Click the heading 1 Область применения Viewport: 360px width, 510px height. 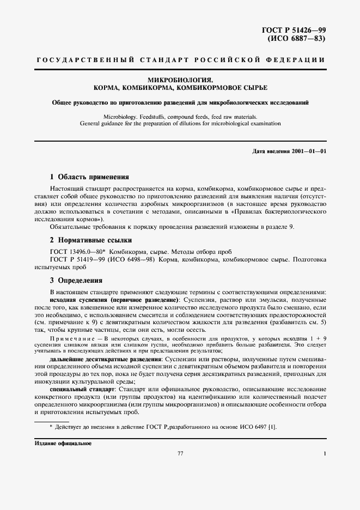pos(89,177)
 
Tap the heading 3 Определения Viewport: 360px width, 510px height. pos(76,281)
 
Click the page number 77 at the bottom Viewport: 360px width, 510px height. pos(180,453)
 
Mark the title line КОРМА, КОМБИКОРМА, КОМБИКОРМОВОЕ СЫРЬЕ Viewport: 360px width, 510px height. pos(180,87)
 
